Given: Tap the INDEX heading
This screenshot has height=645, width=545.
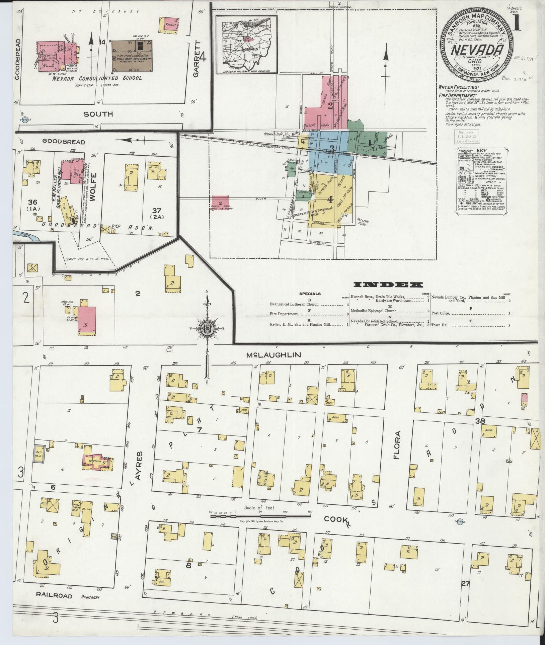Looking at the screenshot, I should [388, 285].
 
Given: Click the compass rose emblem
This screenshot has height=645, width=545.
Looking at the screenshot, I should [207, 329].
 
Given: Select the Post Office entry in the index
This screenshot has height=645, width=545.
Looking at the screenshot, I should [440, 314].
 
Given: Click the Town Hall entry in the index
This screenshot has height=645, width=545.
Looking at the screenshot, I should [440, 325].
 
